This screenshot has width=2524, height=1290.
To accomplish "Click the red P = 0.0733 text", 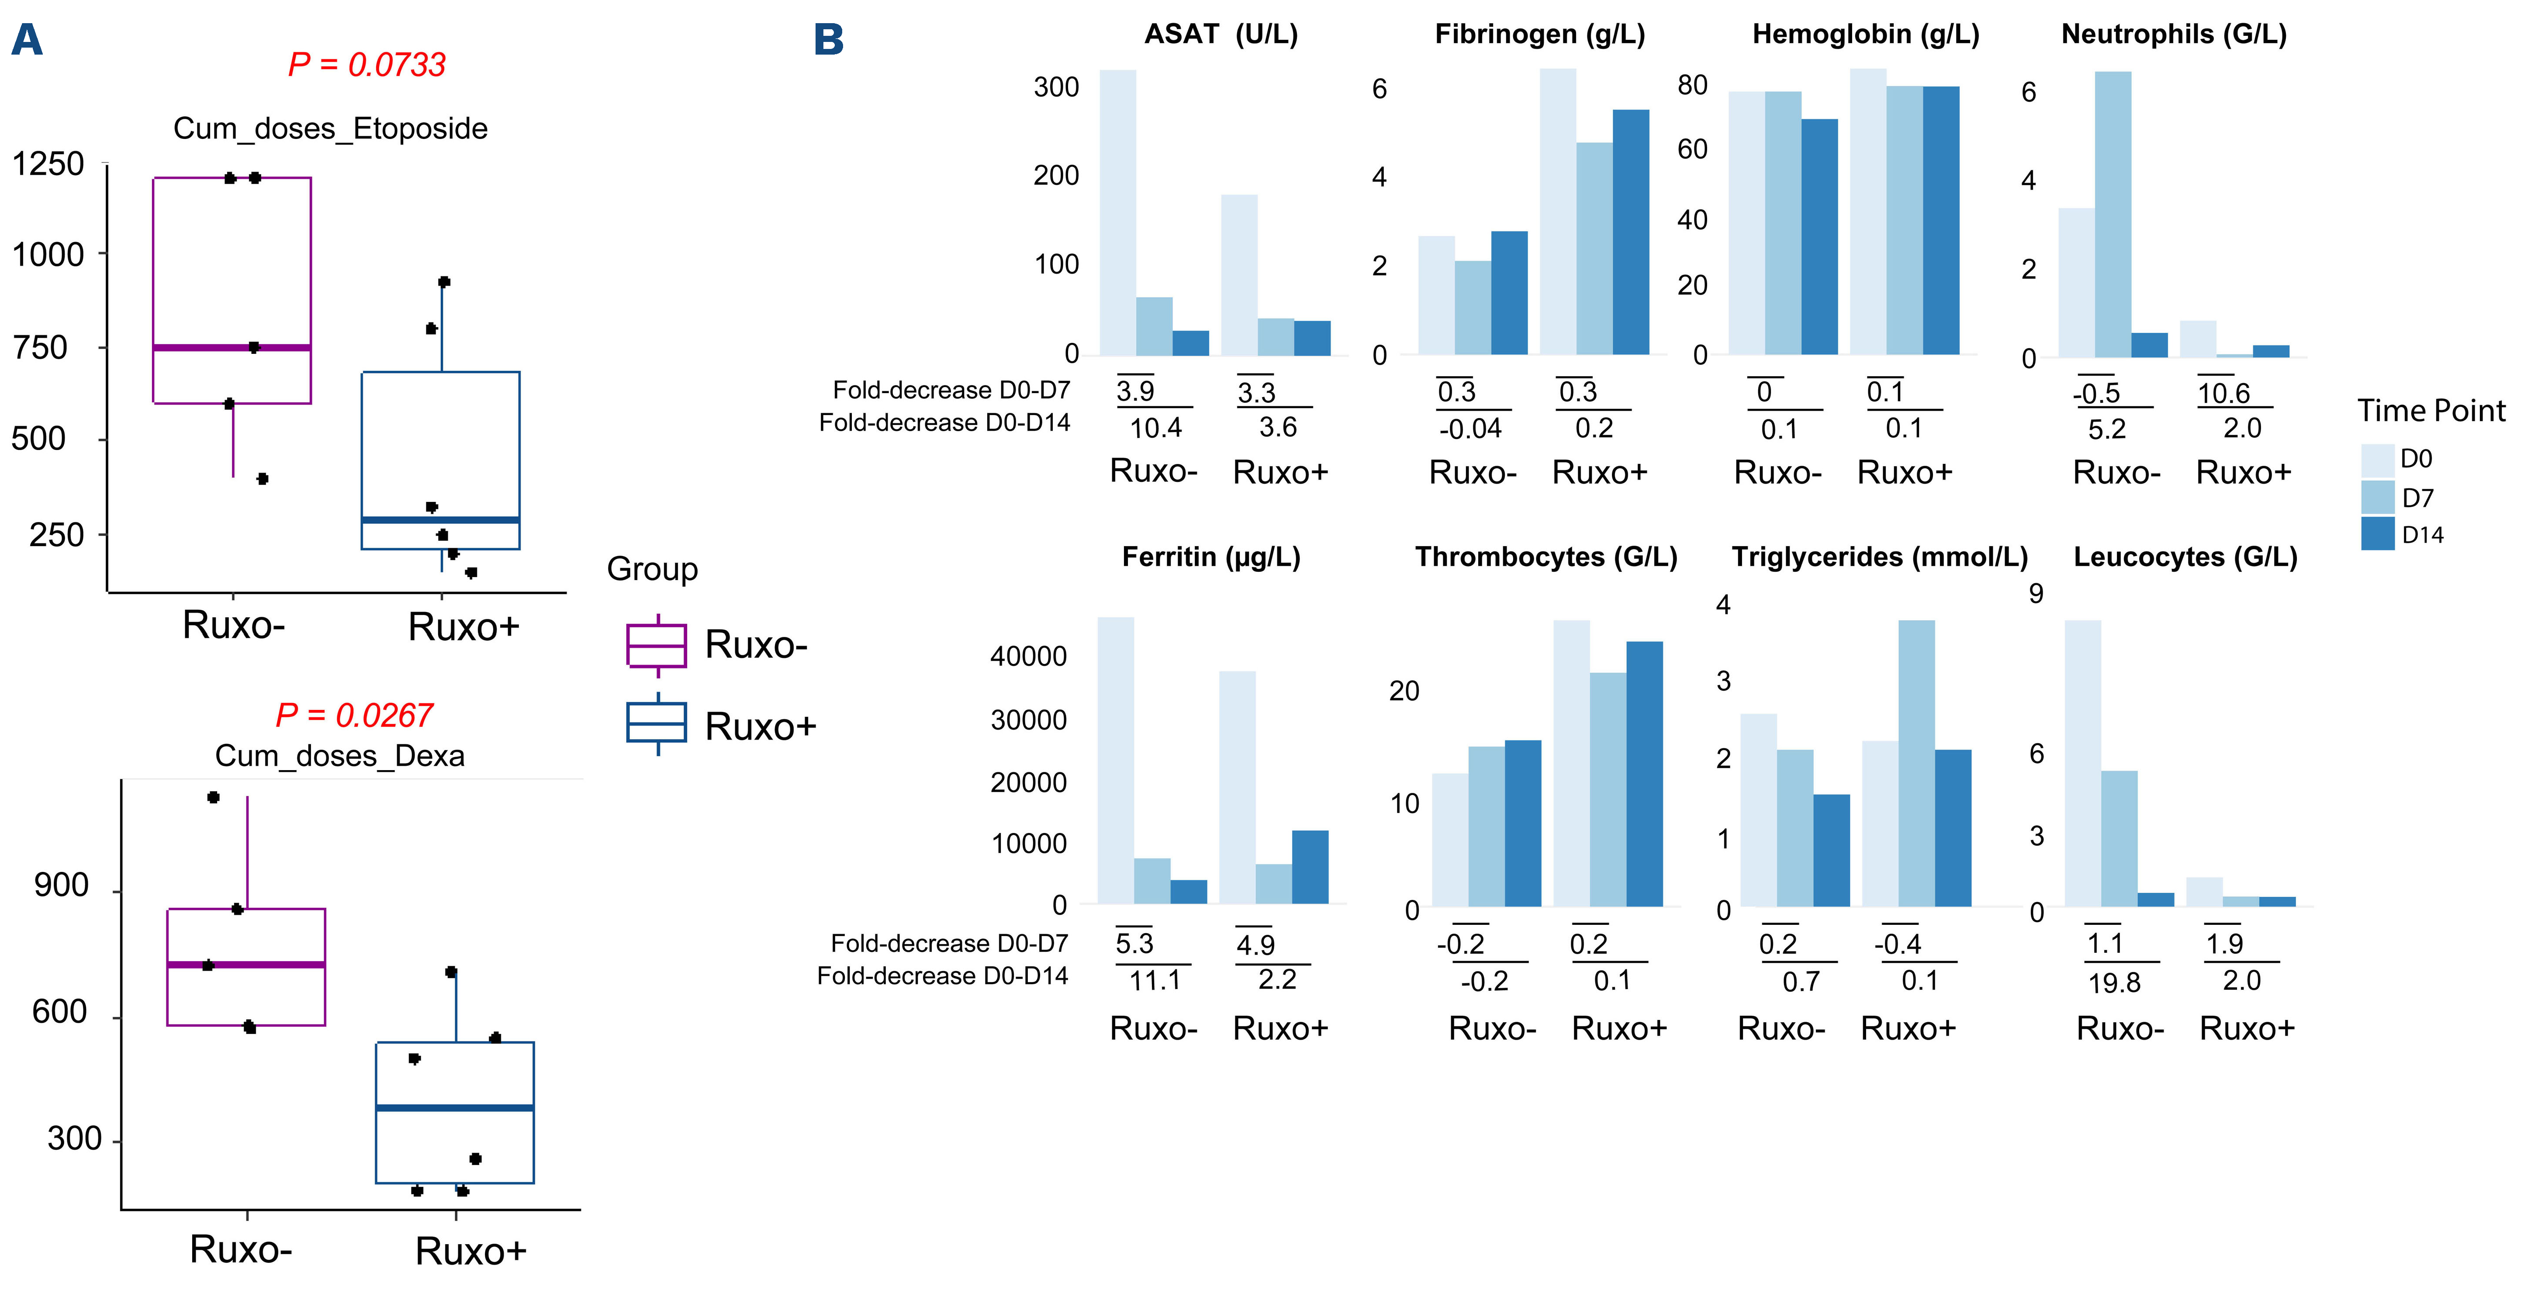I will [366, 65].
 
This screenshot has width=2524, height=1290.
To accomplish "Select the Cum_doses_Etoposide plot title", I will [330, 128].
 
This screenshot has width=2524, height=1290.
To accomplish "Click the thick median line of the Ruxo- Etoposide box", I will [232, 347].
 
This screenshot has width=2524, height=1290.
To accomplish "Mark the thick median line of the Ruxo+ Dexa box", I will [455, 1108].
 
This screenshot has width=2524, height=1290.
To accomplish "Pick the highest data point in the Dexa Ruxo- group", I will [214, 797].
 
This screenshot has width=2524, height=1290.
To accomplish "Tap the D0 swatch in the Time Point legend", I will [2378, 460].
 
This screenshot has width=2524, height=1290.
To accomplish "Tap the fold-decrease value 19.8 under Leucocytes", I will [2114, 982].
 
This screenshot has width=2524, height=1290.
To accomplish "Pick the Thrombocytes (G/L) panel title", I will [1546, 557].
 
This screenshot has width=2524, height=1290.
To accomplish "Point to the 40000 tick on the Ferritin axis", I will [1029, 656].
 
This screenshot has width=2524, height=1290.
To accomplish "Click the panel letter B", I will [829, 40].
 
